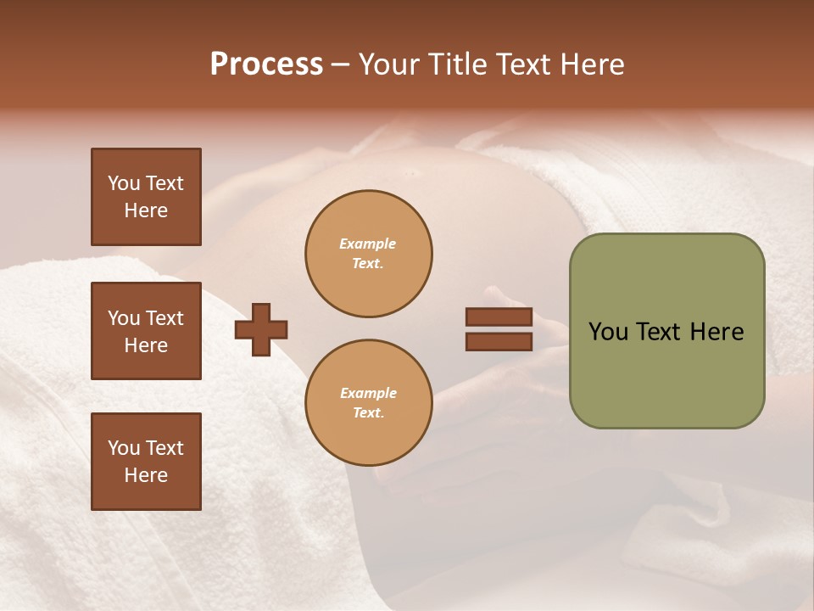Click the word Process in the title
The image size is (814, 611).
(x=266, y=64)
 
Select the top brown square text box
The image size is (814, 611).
(x=146, y=197)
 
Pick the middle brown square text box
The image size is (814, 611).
(x=146, y=331)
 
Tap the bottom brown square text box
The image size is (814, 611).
(x=146, y=462)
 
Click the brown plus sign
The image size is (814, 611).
(x=261, y=329)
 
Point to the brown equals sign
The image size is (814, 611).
(x=499, y=329)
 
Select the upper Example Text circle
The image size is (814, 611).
(x=369, y=254)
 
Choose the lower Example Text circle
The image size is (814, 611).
(x=369, y=403)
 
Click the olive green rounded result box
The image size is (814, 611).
(x=666, y=331)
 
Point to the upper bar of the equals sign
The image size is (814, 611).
(x=499, y=317)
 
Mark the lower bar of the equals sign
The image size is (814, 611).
(x=499, y=341)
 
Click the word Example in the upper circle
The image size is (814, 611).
(x=368, y=244)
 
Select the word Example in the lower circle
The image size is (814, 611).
(x=368, y=393)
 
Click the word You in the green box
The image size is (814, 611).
(x=608, y=332)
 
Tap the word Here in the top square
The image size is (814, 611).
(x=146, y=210)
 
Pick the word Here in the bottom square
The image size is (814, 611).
(x=146, y=475)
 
